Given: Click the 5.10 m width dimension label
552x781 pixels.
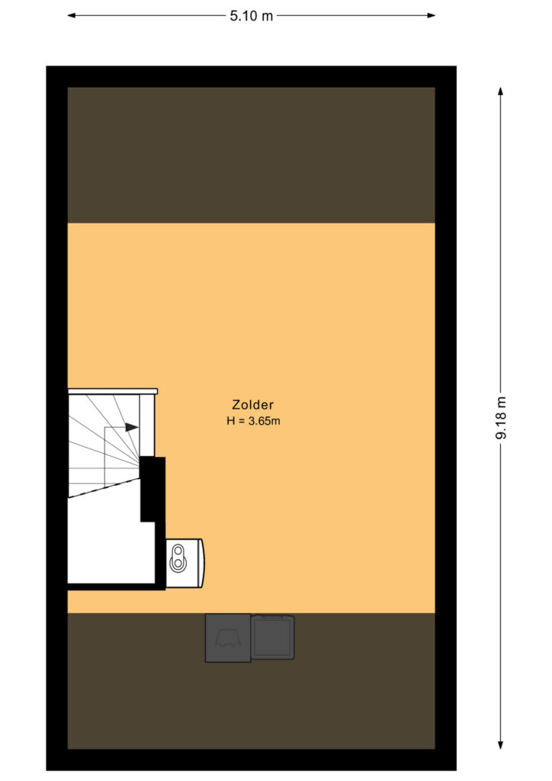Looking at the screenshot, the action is [x=252, y=16].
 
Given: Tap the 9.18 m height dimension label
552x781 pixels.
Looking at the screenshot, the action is [x=501, y=418].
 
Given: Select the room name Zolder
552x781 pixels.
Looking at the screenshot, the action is [x=253, y=404].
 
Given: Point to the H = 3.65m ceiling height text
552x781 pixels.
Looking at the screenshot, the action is [x=253, y=421].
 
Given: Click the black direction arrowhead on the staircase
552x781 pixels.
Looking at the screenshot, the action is [x=132, y=427].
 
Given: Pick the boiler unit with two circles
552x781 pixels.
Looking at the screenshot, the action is [x=185, y=563].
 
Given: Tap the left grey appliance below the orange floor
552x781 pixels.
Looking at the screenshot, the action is [x=228, y=638].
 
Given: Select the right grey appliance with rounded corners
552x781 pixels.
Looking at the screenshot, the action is [x=273, y=637].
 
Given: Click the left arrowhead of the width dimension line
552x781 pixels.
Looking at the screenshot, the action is [x=72, y=15].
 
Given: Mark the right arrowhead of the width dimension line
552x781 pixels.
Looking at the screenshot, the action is [x=431, y=15].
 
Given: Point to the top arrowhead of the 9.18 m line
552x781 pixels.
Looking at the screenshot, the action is [x=501, y=92].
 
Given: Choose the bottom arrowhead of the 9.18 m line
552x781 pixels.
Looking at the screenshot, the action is [x=501, y=744].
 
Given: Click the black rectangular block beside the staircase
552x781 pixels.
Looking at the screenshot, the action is [x=152, y=489].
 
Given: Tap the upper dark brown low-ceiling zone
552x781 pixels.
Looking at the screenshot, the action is [x=252, y=155].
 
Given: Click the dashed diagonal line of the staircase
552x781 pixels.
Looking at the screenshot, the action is [x=104, y=487].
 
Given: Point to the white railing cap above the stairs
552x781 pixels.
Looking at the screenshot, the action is [x=113, y=391].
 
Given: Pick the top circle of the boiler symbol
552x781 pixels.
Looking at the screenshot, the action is [x=178, y=551].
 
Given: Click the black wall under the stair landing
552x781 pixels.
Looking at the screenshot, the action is [x=117, y=587].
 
